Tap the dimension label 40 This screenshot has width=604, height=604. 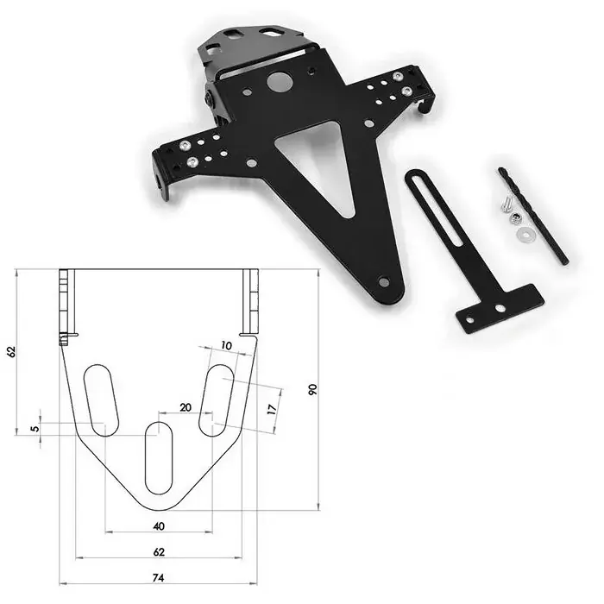click(158, 525)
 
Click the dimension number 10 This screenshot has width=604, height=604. click(226, 345)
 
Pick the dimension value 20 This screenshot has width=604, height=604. click(186, 407)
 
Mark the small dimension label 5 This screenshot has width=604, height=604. click(35, 429)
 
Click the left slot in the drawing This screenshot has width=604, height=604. click(101, 400)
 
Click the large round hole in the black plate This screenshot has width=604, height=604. click(279, 82)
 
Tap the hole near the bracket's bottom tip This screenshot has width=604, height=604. click(384, 280)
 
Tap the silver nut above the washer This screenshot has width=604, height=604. click(516, 217)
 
